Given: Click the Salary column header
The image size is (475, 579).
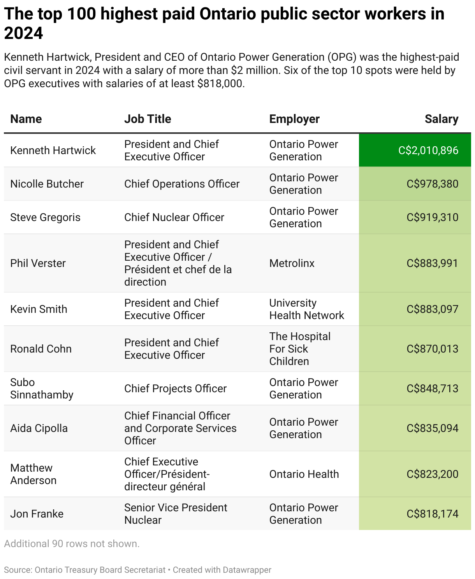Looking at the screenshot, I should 441,119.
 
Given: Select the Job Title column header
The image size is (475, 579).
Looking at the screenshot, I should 148,119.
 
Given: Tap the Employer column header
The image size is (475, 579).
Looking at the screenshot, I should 294,119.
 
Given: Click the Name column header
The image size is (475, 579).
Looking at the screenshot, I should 26,119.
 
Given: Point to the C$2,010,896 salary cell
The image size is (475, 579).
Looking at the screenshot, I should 428,151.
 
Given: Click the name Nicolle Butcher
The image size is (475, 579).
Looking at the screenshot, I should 47,184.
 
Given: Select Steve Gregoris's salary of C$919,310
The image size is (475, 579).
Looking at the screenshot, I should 432,218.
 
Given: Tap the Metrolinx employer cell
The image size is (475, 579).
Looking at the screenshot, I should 292,263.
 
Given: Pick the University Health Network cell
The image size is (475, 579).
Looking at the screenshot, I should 306,309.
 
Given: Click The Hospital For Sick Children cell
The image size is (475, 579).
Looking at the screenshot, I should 299,349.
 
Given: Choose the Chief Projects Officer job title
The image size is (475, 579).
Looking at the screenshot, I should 175,389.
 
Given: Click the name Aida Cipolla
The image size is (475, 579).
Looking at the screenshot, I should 39,428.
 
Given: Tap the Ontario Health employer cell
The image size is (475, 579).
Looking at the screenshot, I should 304,474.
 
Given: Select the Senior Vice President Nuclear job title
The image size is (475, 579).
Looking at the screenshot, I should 175,514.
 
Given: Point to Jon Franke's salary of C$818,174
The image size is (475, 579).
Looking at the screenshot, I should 432,514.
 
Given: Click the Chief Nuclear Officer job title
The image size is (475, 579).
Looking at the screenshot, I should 174,218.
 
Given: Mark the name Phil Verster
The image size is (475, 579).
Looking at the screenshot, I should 38,263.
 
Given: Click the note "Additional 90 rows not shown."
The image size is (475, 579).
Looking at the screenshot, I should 72,544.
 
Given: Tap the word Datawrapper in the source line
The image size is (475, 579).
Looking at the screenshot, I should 247,570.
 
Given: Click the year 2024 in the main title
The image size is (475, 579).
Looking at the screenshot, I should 23,33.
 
